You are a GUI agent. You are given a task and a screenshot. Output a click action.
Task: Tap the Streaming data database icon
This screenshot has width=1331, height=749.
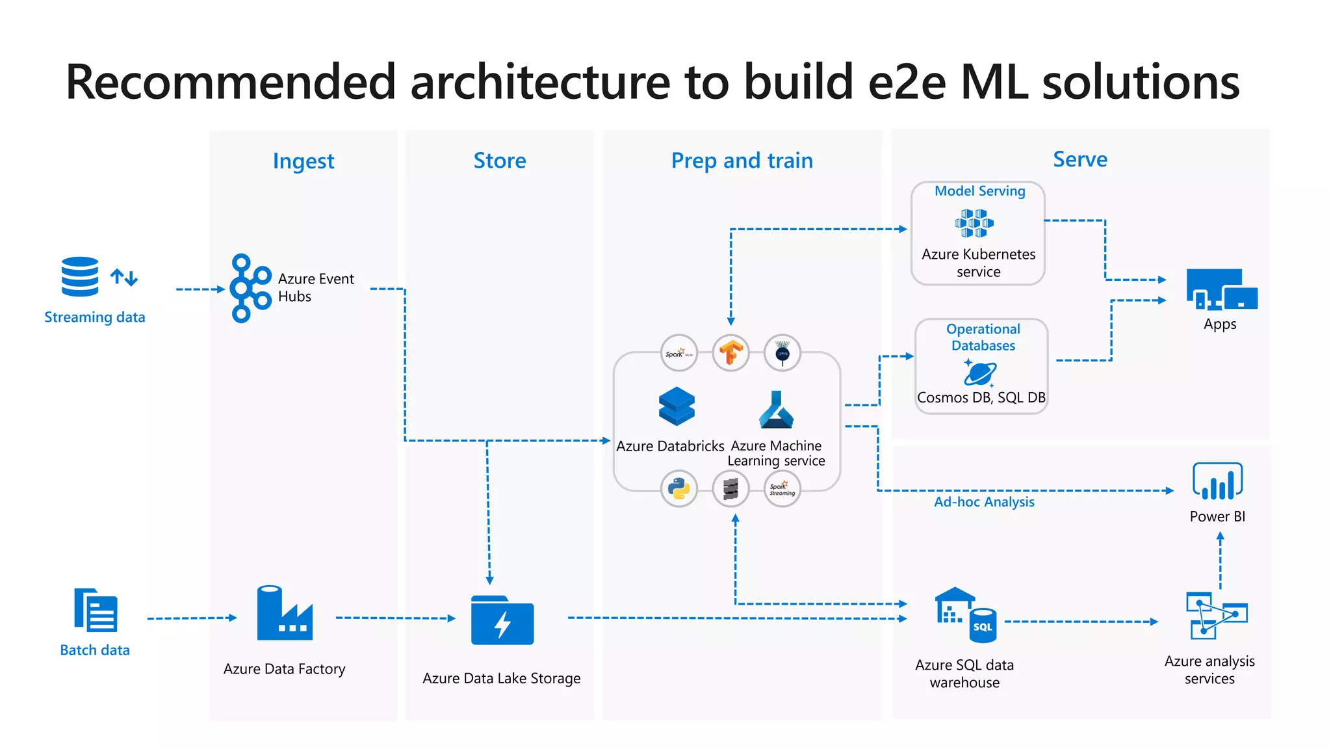coord(81,277)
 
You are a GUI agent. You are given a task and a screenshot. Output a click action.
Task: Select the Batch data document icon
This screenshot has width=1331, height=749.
coord(96,610)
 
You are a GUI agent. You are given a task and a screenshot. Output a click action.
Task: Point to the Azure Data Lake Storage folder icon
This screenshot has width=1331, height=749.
coord(502,620)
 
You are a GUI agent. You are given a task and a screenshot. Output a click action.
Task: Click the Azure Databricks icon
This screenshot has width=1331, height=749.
coord(677,406)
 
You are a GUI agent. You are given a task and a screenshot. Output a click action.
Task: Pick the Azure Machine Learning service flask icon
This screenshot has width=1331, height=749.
coord(776,410)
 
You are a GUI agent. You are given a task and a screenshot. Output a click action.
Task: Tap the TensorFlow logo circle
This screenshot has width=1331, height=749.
coord(730,353)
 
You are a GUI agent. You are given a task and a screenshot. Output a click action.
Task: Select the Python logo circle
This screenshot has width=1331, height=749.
coord(678,488)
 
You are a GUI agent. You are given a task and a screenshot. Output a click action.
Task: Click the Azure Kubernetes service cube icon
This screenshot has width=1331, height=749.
coord(974,223)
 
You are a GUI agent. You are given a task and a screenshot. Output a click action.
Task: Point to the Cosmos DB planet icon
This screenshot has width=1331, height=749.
coord(980,373)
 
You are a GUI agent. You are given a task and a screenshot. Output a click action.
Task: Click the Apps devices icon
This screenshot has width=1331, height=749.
coord(1221,289)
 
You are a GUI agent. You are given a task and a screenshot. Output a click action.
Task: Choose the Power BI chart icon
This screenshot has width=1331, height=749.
coord(1217,481)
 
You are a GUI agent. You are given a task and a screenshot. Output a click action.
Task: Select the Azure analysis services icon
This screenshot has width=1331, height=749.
coord(1216,615)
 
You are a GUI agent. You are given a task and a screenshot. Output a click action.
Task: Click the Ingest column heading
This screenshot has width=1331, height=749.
coord(304,161)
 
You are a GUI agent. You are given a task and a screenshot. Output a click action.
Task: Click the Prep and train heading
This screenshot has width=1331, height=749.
coord(742,160)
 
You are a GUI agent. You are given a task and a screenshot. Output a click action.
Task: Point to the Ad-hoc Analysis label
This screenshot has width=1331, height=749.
coord(983,502)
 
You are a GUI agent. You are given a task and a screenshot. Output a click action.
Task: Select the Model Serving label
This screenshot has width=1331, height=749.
coord(979,191)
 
